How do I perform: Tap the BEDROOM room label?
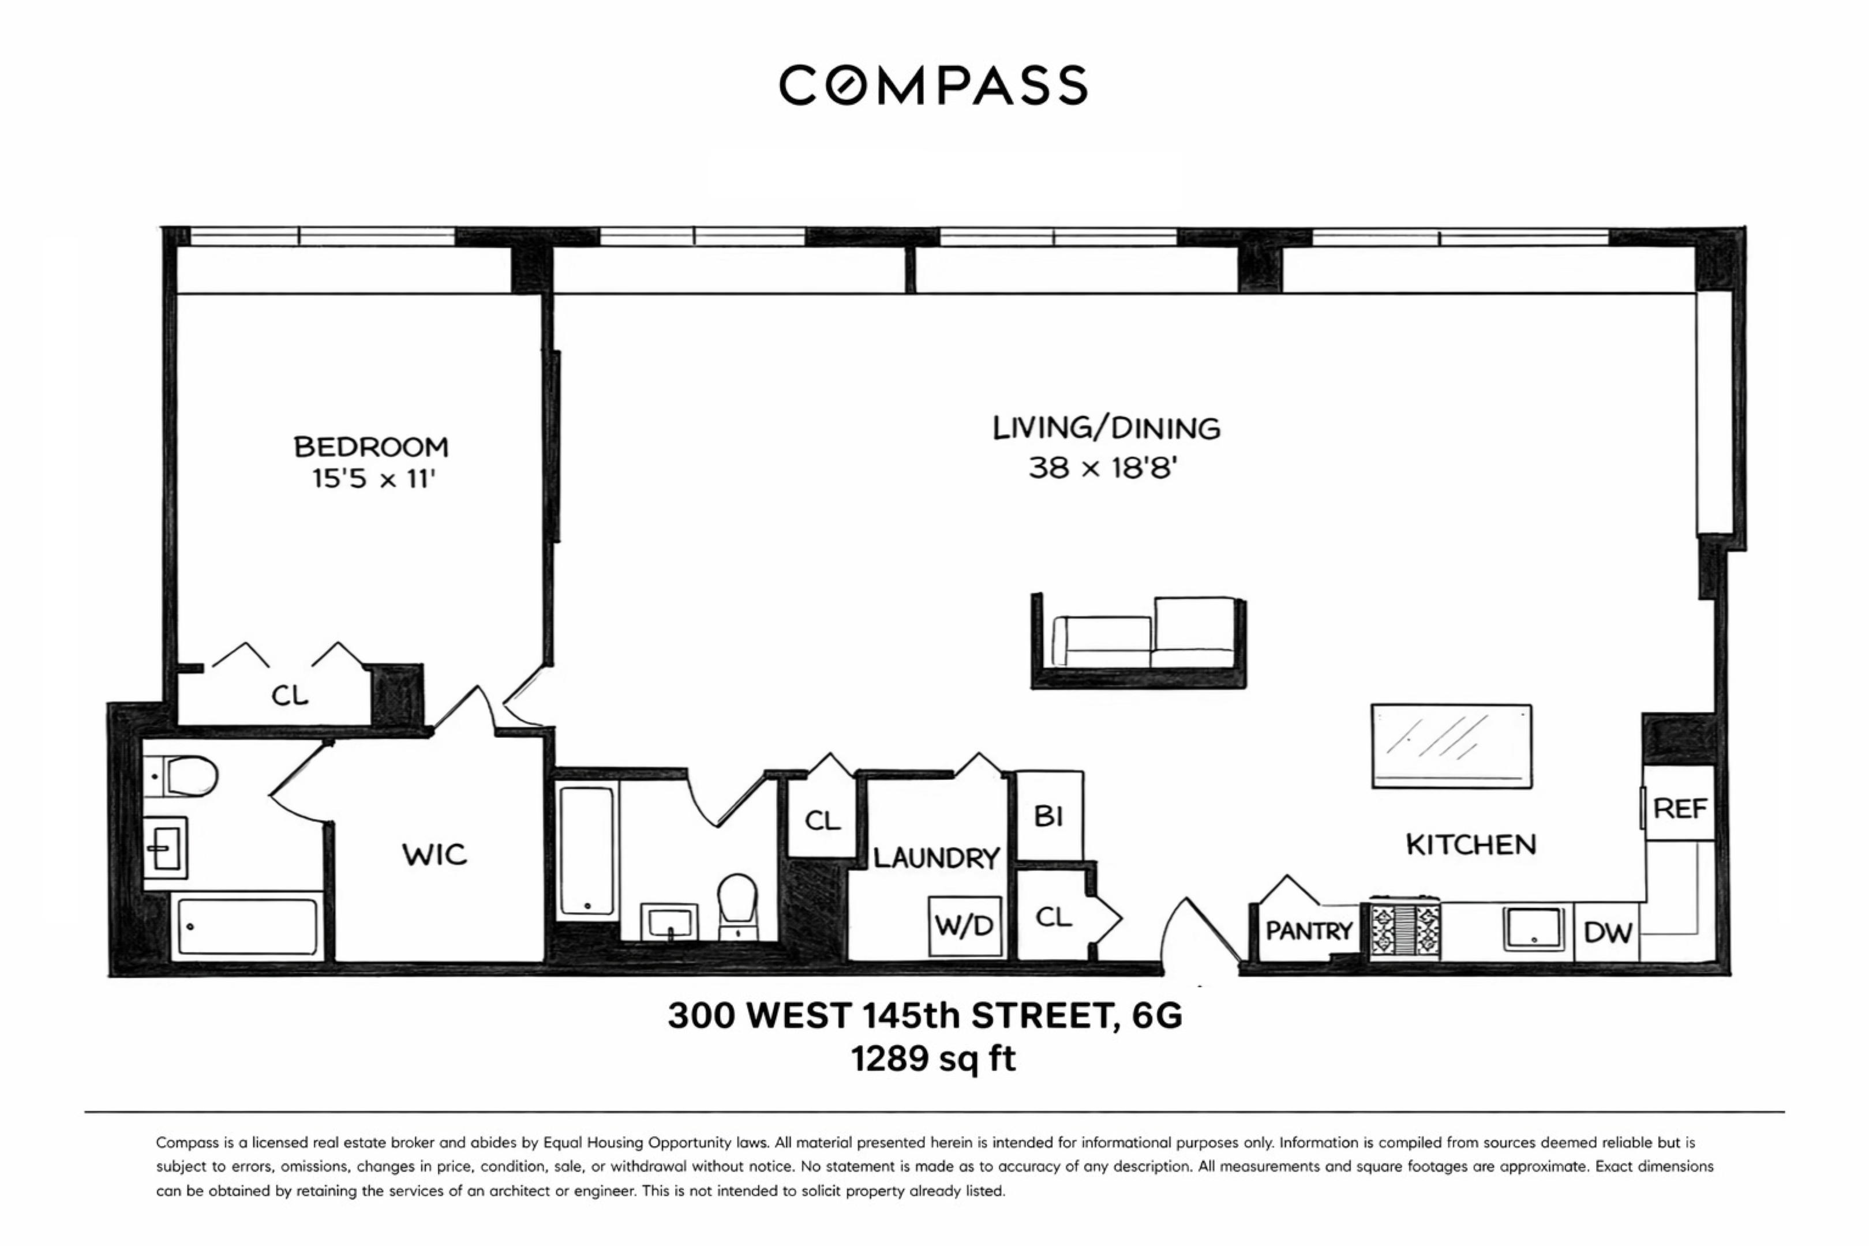[371, 446]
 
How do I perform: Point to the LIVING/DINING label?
[1106, 428]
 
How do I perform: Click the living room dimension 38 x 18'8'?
[1102, 468]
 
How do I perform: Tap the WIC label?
[434, 855]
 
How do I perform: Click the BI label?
[1049, 816]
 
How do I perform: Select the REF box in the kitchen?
[1680, 809]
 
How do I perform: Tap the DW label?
[1608, 932]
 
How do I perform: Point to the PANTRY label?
[1309, 930]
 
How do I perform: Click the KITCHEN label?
[1470, 845]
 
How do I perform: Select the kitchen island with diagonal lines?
[1451, 745]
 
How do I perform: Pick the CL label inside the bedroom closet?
[289, 696]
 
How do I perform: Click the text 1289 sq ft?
[933, 1059]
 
